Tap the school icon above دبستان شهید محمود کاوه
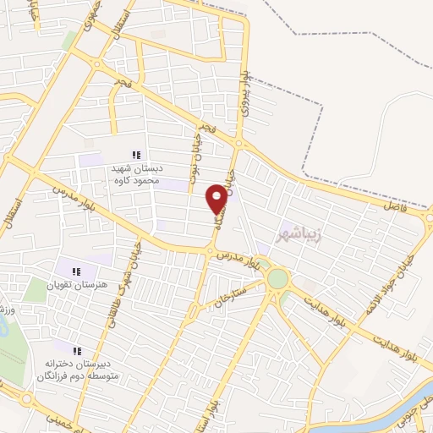tap(135, 154)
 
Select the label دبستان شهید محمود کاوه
tap(135, 174)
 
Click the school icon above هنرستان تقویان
tap(76, 272)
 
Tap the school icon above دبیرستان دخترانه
tap(76, 350)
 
